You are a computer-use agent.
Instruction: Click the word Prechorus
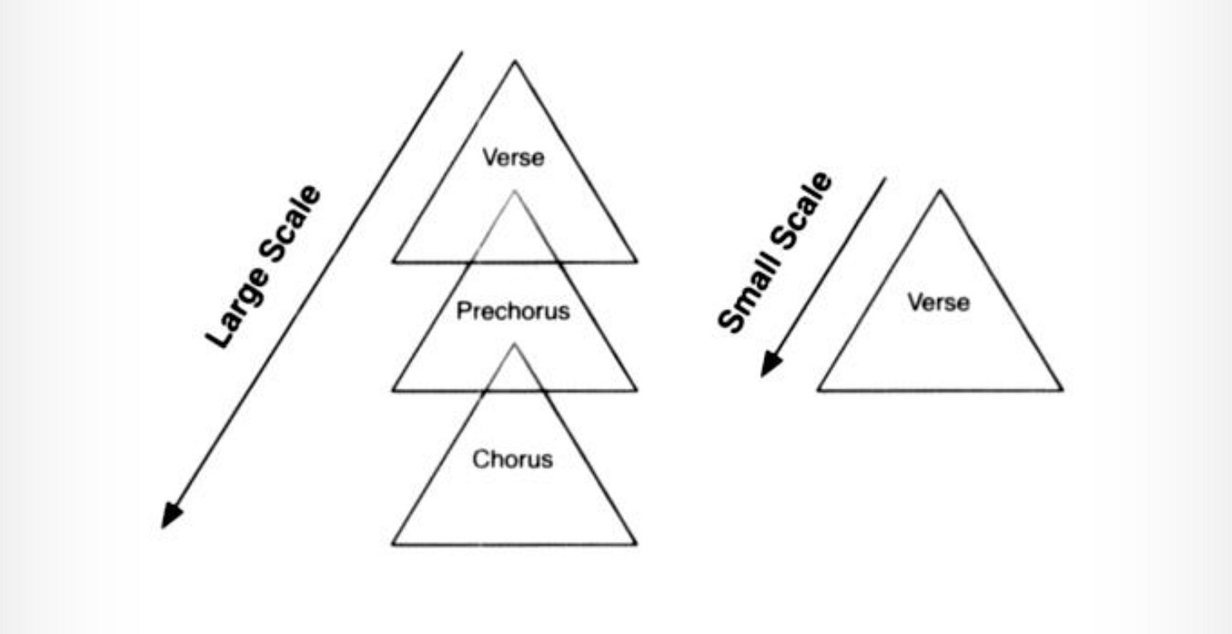[x=513, y=311]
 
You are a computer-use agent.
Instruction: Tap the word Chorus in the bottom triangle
[x=512, y=460]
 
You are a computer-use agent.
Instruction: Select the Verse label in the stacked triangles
[x=513, y=157]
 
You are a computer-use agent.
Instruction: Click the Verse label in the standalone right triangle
[x=938, y=301]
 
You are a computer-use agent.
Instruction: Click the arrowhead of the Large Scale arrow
[x=169, y=518]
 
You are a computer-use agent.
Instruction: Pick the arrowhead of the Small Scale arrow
[x=767, y=367]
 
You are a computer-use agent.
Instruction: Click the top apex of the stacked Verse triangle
[x=514, y=62]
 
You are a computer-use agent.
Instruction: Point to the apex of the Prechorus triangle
[x=514, y=191]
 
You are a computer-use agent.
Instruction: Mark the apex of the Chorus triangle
[x=514, y=345]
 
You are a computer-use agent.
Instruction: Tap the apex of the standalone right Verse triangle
[x=939, y=191]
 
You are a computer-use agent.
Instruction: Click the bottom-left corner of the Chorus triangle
[x=393, y=544]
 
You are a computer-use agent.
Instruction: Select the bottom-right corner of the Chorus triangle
[x=635, y=544]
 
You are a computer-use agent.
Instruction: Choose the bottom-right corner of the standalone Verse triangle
[x=1062, y=390]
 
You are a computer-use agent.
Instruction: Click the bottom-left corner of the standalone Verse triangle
[x=818, y=390]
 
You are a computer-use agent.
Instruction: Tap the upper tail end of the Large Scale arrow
[x=462, y=52]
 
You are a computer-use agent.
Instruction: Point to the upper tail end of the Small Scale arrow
[x=885, y=179]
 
